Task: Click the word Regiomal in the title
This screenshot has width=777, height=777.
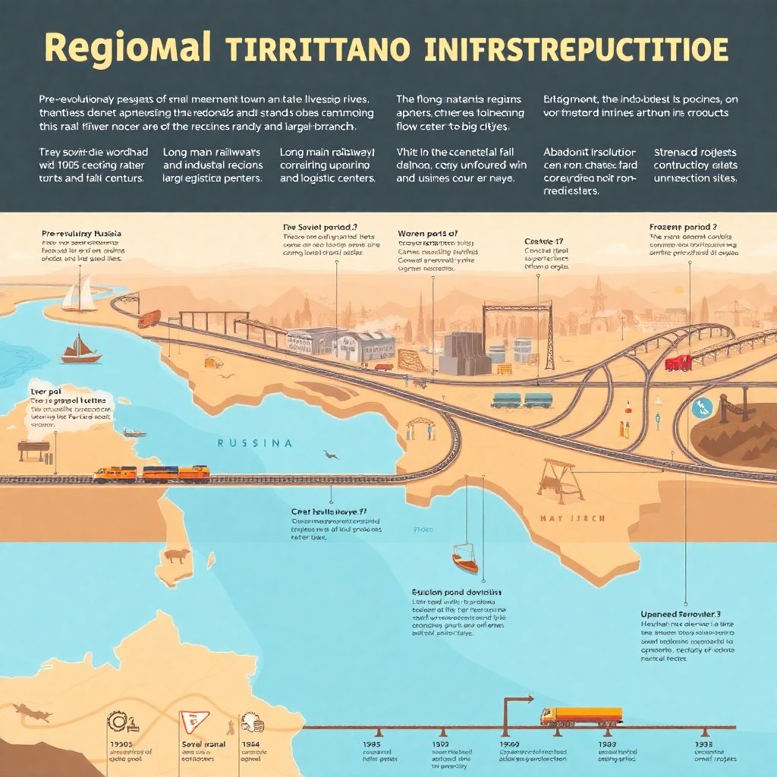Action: (127, 48)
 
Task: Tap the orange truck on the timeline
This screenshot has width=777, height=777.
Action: (580, 716)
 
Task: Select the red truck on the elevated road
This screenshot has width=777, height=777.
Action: (678, 362)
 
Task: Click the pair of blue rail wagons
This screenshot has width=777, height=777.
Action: (523, 399)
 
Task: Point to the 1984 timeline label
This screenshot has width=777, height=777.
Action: (250, 746)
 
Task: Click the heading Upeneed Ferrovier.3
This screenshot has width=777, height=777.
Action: (680, 613)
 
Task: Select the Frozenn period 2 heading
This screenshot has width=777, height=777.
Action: (683, 227)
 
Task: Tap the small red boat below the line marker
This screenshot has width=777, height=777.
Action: (465, 561)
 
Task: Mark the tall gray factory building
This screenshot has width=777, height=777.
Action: (464, 353)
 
